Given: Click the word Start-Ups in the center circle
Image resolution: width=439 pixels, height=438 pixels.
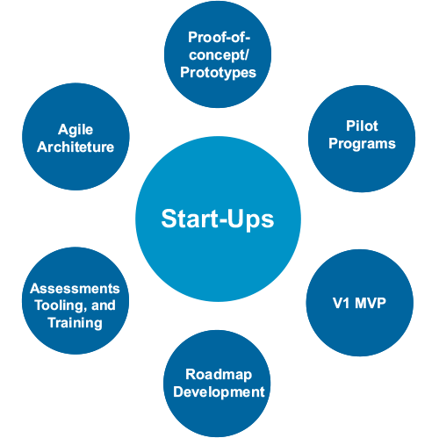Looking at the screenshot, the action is click(218, 219).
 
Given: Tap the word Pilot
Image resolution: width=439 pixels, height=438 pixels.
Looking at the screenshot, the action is click(362, 126).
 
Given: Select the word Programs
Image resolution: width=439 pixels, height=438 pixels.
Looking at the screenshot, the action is click(362, 144).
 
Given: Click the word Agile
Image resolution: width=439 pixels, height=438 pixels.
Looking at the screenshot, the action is click(76, 130).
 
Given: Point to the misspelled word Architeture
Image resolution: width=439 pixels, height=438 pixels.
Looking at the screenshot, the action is click(76, 147).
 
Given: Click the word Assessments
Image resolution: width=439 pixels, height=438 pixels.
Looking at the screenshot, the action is click(75, 289).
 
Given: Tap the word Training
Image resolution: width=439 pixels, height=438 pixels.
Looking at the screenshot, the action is click(76, 323).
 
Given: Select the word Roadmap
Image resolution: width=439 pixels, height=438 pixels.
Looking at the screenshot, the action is click(219, 375).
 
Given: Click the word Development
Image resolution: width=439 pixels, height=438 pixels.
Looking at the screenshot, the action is click(219, 392).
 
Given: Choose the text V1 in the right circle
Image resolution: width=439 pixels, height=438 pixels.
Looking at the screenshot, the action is click(341, 303).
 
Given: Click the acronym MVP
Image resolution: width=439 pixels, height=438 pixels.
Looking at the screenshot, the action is click(371, 303).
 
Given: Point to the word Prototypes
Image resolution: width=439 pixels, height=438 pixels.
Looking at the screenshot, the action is click(218, 73).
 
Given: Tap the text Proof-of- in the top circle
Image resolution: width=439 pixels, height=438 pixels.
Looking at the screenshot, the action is click(219, 37).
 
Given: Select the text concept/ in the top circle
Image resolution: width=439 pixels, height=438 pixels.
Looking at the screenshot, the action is click(219, 55).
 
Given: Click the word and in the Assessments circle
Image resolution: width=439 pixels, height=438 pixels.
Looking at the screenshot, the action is click(104, 305).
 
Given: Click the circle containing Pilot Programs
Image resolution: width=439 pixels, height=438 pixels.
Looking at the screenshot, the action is click(362, 139).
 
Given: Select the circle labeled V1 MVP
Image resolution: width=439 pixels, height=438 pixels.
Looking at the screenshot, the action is click(360, 303).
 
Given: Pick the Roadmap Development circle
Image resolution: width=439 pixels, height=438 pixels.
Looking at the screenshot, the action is click(217, 384).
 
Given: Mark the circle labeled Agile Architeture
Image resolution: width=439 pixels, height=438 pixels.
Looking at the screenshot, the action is click(76, 137).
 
